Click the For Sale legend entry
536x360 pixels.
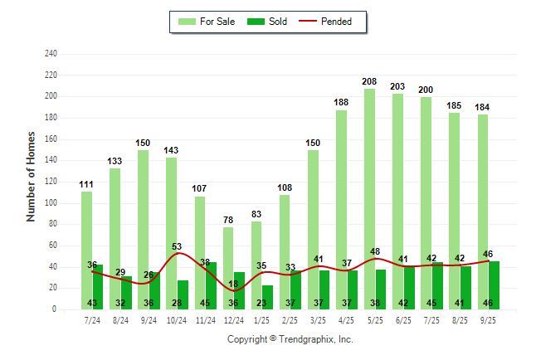(x=207, y=22)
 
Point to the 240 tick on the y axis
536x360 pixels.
(x=51, y=54)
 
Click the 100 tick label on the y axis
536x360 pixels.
(x=51, y=203)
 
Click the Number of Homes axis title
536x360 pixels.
(x=32, y=176)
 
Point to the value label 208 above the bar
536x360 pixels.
(x=369, y=81)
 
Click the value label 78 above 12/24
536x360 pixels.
(x=228, y=220)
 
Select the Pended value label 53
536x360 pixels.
(x=177, y=246)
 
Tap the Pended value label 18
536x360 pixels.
(x=233, y=284)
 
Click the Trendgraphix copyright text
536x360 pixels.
(x=290, y=339)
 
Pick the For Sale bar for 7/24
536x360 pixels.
(x=86, y=249)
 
